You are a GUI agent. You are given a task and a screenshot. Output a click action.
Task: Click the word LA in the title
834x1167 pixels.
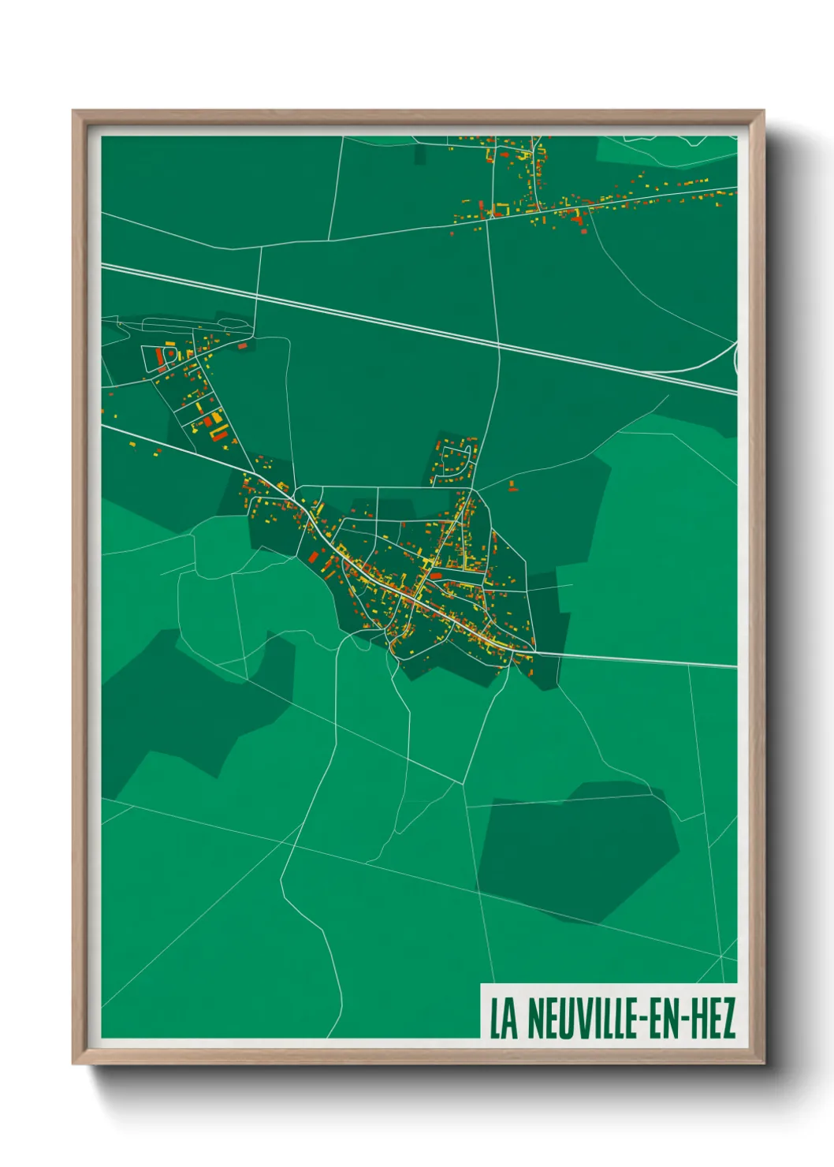pos(504,1019)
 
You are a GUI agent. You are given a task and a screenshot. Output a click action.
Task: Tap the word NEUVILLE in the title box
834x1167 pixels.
pos(580,1019)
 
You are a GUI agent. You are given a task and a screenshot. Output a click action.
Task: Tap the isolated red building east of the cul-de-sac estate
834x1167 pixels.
pos(512,485)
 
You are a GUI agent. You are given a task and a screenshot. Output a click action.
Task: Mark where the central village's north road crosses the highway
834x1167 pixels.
pos(499,345)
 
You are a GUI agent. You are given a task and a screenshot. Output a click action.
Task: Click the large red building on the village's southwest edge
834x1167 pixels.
pos(313,557)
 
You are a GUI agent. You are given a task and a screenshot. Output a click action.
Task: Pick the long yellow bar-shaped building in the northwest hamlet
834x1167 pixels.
pos(219,433)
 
